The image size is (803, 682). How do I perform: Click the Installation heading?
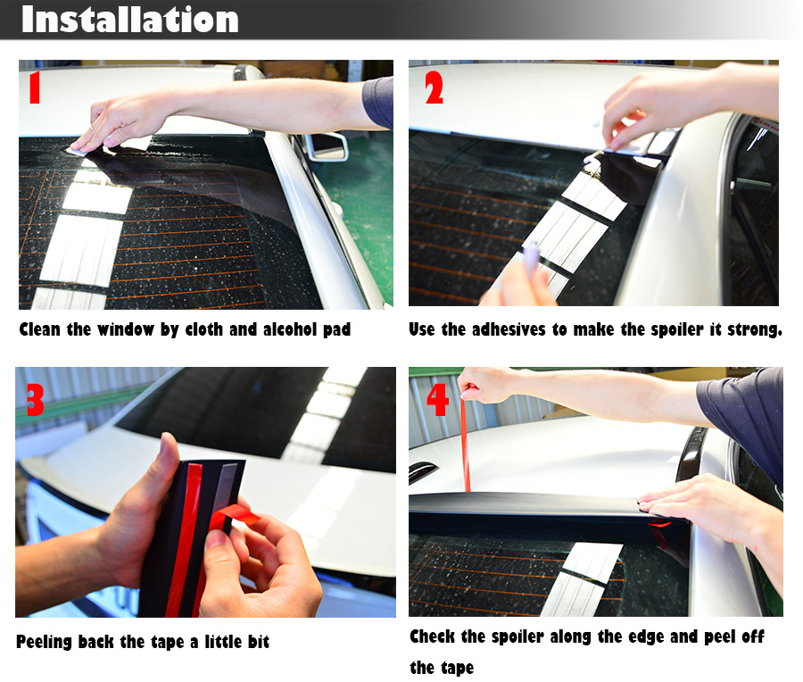pos(130,20)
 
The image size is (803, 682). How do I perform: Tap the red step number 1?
pos(34,87)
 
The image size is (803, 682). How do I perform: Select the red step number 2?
pos(434,87)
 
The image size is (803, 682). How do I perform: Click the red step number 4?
pos(438,399)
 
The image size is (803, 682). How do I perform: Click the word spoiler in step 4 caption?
pos(517,636)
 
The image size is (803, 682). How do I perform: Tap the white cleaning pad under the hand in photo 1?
pos(82,150)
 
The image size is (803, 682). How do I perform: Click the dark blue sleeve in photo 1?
pos(378,102)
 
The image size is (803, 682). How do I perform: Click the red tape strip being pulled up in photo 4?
pos(465,445)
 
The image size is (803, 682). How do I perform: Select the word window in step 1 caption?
pos(126,329)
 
